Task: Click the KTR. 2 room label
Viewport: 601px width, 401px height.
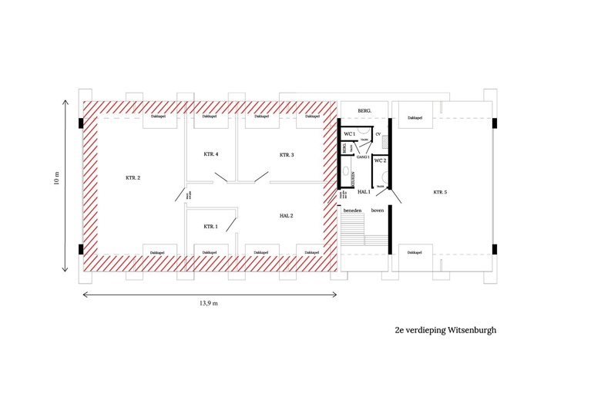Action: tap(133, 178)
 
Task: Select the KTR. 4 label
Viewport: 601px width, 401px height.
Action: tap(211, 155)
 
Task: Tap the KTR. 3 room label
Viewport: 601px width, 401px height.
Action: tap(287, 155)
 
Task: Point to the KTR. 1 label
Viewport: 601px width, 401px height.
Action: tap(210, 227)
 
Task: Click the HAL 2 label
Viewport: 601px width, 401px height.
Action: tap(287, 216)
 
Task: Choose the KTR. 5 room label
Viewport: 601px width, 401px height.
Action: tap(440, 191)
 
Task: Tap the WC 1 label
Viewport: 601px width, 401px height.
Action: tap(350, 135)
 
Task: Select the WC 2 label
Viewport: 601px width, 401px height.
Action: tap(380, 160)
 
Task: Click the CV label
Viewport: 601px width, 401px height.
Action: tap(378, 134)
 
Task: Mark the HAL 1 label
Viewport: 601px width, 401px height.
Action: tap(364, 191)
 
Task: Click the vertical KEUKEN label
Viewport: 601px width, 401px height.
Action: tap(353, 177)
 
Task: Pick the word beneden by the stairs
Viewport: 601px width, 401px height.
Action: tap(352, 210)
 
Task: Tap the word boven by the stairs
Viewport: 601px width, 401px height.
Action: tap(378, 210)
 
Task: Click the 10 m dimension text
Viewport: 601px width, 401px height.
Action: tap(56, 178)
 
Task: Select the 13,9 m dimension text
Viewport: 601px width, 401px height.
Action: tap(209, 303)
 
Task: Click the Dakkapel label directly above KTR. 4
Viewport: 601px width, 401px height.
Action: tap(209, 117)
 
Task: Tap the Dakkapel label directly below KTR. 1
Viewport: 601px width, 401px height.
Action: tap(209, 253)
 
